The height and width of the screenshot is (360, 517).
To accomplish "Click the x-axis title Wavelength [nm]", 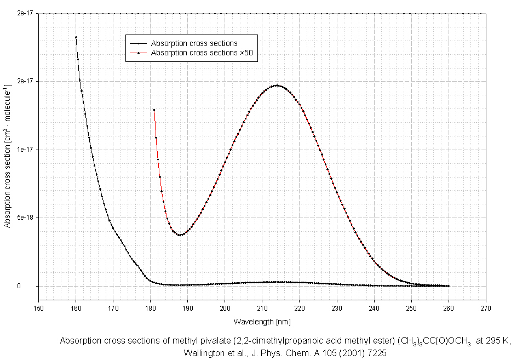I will (262, 321).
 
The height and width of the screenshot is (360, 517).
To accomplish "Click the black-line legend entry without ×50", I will (194, 43).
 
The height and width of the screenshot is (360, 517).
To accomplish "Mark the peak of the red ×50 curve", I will (277, 85).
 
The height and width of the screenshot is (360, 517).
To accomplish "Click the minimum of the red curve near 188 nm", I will (180, 235).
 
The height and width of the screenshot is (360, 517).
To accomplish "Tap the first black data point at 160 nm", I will (76, 37).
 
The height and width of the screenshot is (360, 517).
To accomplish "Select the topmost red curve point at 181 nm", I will (154, 110).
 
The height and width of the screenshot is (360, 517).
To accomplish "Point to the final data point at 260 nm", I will (449, 286).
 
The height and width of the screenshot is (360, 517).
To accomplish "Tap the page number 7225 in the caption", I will (376, 353).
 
